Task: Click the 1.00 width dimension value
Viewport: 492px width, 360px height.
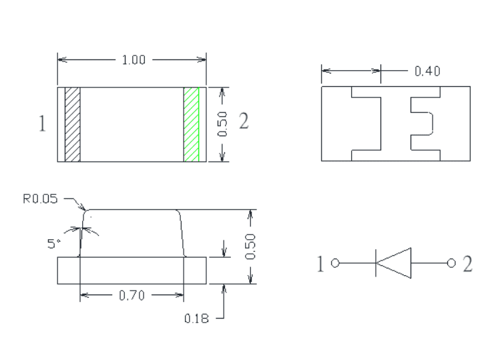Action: [x=134, y=59]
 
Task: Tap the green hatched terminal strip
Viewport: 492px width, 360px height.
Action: [x=191, y=125]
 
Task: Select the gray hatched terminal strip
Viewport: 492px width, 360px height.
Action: [x=73, y=125]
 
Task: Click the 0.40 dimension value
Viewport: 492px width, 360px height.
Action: [x=427, y=71]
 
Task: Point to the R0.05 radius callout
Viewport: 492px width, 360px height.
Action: [x=41, y=198]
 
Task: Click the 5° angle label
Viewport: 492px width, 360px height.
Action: [x=53, y=244]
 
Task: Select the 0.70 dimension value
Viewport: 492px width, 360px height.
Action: [x=132, y=295]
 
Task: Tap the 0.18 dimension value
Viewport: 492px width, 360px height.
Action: [x=196, y=319]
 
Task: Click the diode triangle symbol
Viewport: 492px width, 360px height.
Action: [x=393, y=263]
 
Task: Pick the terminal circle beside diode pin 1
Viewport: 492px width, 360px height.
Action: [x=335, y=263]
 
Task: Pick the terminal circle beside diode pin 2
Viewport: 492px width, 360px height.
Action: [x=451, y=263]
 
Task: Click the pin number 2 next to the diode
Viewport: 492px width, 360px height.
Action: [x=467, y=264]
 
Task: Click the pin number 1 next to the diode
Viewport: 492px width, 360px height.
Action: [x=320, y=264]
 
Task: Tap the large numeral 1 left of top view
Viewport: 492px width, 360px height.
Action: [x=42, y=123]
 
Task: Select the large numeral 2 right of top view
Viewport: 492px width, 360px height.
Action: [x=244, y=121]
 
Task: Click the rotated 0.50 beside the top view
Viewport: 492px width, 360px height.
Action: [x=222, y=124]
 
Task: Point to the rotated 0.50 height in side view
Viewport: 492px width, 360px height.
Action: [x=250, y=246]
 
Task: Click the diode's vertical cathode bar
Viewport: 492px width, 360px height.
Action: [x=376, y=263]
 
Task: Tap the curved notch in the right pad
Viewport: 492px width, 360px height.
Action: [x=433, y=124]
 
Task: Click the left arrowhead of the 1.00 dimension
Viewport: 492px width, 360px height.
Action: [x=62, y=59]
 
